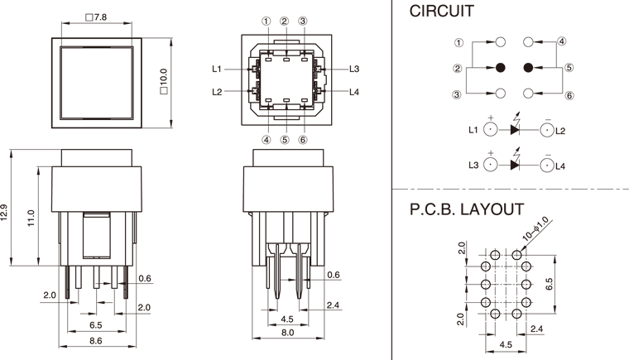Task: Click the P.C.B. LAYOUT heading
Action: tap(467, 209)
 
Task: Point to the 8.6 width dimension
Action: tap(95, 340)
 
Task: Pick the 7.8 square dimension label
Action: tap(97, 17)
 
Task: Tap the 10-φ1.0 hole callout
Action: tap(536, 229)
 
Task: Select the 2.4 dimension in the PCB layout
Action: tap(536, 329)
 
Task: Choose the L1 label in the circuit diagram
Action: tap(473, 130)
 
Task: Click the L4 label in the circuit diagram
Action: tap(560, 166)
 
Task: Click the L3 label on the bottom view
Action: tap(354, 69)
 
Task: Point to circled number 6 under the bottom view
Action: tap(303, 140)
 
